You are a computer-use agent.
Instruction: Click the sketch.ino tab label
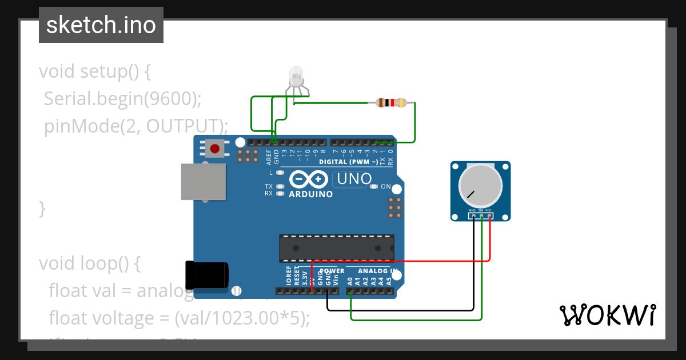click(101, 25)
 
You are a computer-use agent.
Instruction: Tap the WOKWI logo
click(607, 315)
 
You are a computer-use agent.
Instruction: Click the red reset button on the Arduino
click(214, 149)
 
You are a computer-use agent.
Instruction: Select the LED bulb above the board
click(296, 76)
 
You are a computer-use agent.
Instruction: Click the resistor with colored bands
click(391, 103)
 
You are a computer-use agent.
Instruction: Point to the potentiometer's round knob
click(480, 186)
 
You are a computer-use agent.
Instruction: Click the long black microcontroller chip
click(336, 248)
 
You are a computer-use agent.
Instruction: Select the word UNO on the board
click(354, 179)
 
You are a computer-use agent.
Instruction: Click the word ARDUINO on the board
click(311, 194)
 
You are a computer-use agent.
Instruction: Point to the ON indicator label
click(386, 187)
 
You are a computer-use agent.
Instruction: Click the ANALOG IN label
click(378, 271)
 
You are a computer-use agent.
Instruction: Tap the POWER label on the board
click(332, 271)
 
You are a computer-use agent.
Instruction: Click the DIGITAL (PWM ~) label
click(348, 162)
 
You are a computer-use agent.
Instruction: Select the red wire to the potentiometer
click(400, 261)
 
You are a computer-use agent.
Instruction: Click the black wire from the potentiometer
click(400, 310)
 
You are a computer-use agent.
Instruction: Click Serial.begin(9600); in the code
click(123, 99)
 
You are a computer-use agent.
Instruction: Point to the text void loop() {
click(90, 263)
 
